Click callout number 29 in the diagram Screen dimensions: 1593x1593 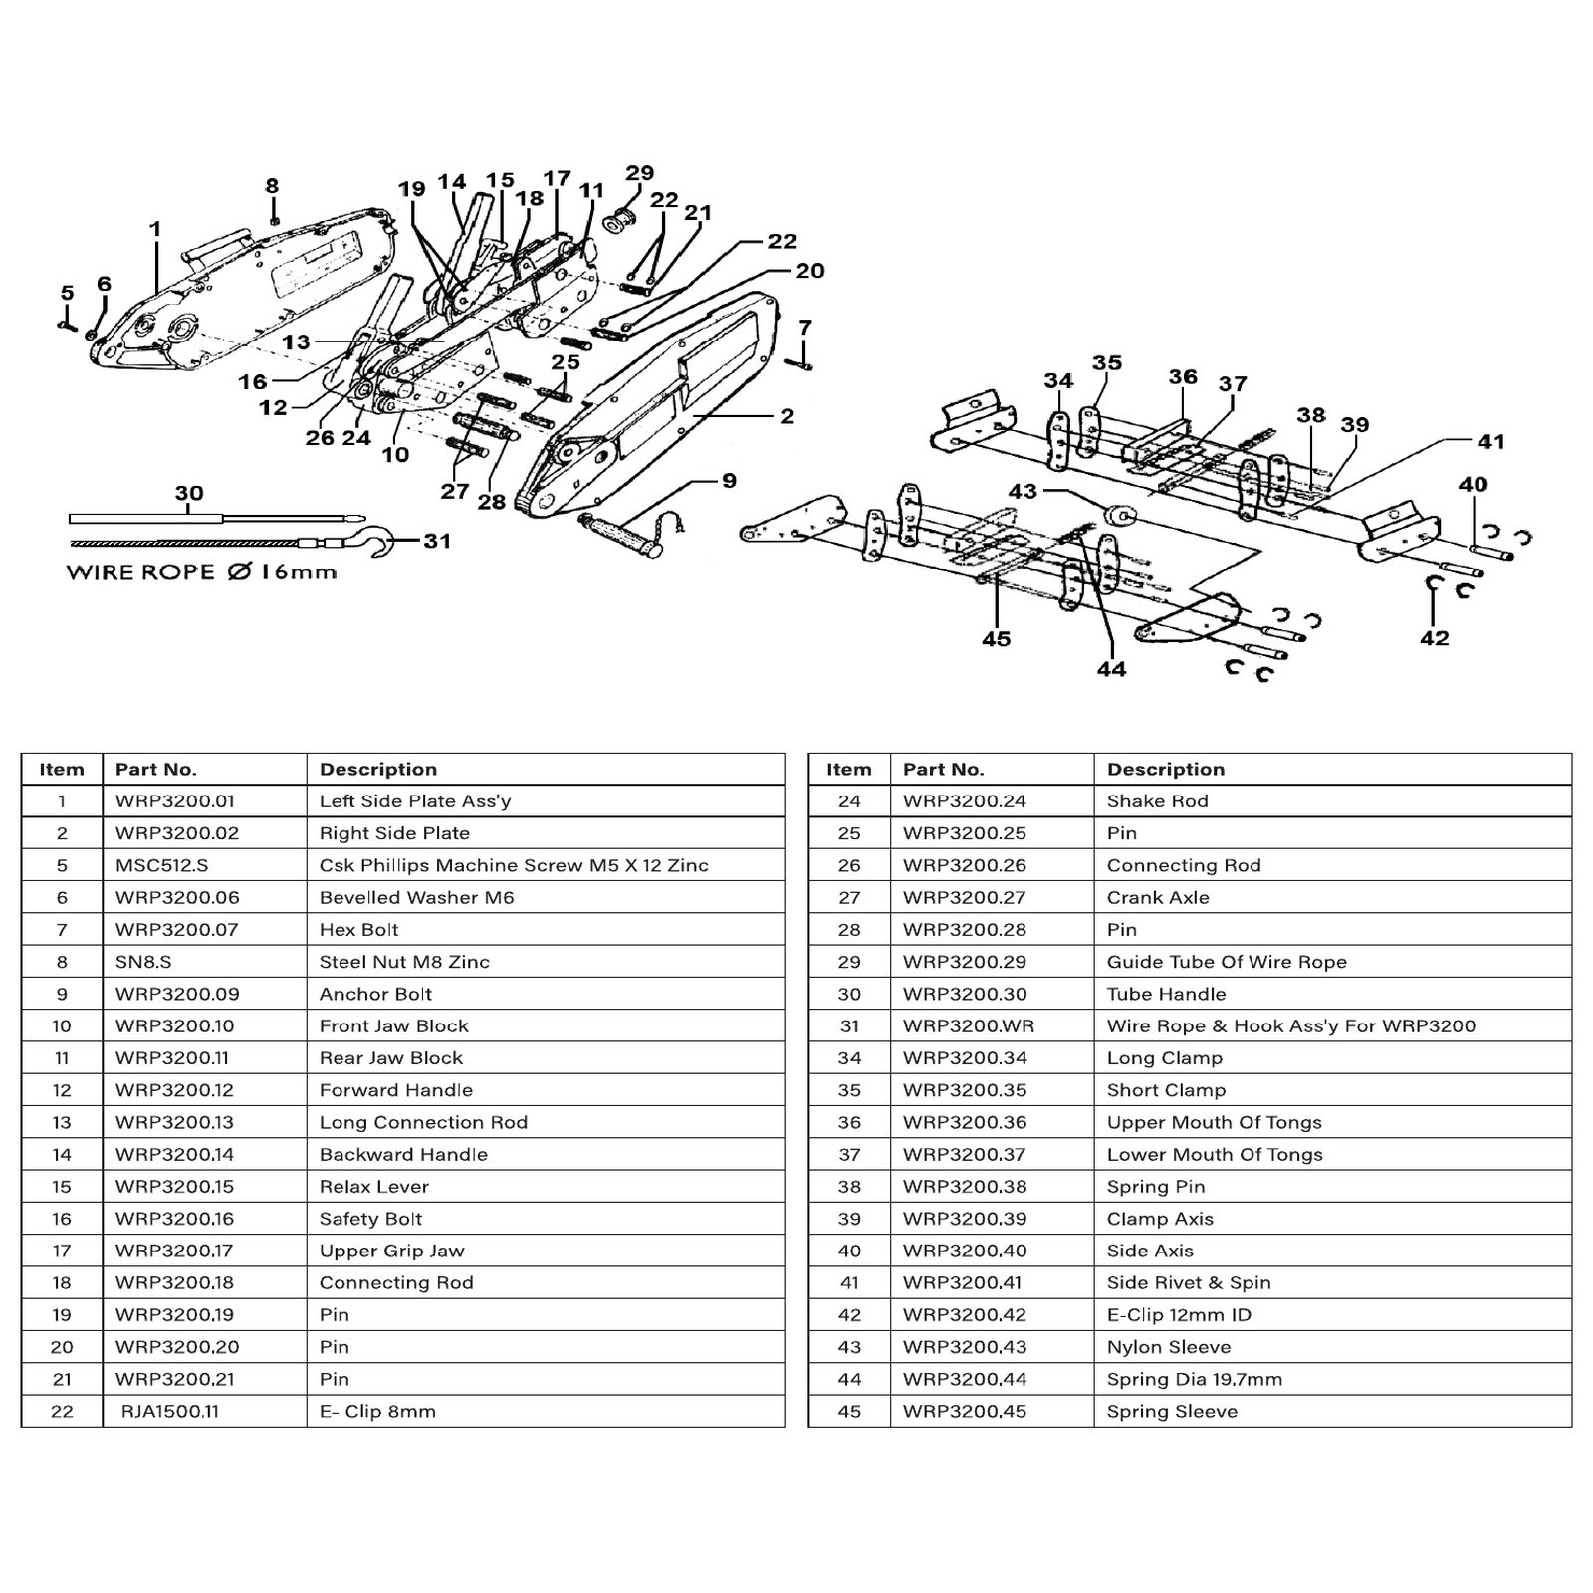639,172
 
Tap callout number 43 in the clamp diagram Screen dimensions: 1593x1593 1023,491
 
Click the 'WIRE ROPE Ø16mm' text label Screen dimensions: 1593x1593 201,572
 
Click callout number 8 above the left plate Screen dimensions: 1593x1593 272,186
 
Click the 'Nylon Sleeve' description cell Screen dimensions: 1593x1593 1169,1347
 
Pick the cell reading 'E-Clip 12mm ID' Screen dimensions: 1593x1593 1179,1315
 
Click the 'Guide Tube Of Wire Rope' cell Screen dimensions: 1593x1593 1227,962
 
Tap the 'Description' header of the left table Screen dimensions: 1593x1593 378,770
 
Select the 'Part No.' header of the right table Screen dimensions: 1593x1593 944,770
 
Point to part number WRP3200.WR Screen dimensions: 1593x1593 969,1025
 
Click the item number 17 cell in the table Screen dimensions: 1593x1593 62,1251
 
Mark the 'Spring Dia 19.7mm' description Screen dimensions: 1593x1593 1195,1379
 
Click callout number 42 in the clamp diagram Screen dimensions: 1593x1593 1434,638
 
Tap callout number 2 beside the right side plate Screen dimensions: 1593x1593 787,416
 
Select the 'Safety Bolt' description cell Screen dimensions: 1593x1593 370,1219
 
